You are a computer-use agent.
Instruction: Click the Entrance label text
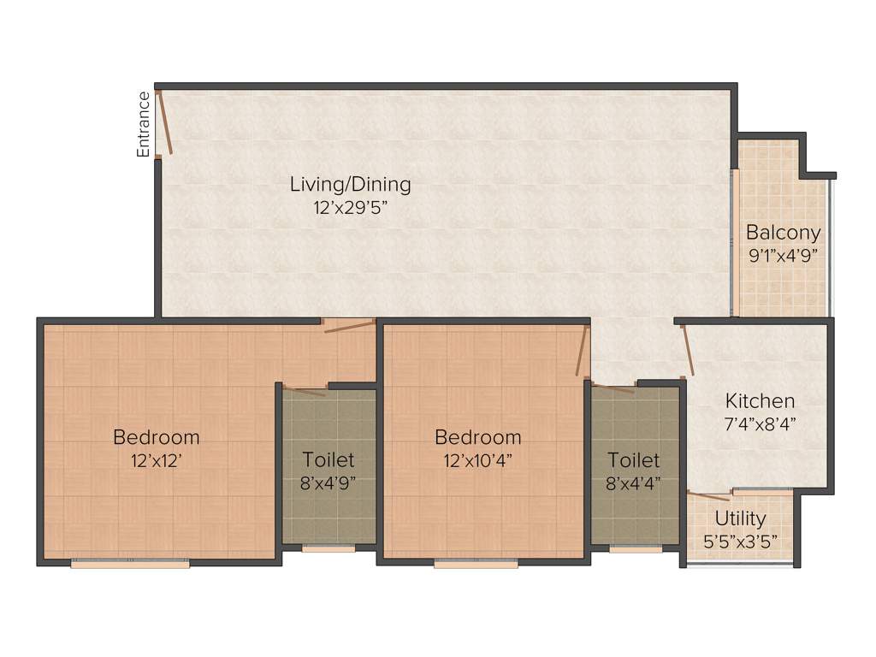[144, 124]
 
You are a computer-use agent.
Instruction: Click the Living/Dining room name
[350, 184]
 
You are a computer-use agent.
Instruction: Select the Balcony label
[783, 232]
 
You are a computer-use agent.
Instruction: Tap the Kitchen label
[760, 400]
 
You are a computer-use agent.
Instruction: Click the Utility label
[740, 518]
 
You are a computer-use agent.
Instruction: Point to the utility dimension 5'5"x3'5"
[740, 541]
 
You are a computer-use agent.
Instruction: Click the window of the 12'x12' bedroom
[130, 564]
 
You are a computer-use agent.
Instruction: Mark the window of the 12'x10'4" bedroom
[476, 564]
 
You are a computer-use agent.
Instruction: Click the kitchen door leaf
[688, 351]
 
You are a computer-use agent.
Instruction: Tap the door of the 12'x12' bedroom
[350, 326]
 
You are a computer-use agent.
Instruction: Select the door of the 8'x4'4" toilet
[613, 389]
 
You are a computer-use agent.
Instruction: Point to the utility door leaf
[709, 496]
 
